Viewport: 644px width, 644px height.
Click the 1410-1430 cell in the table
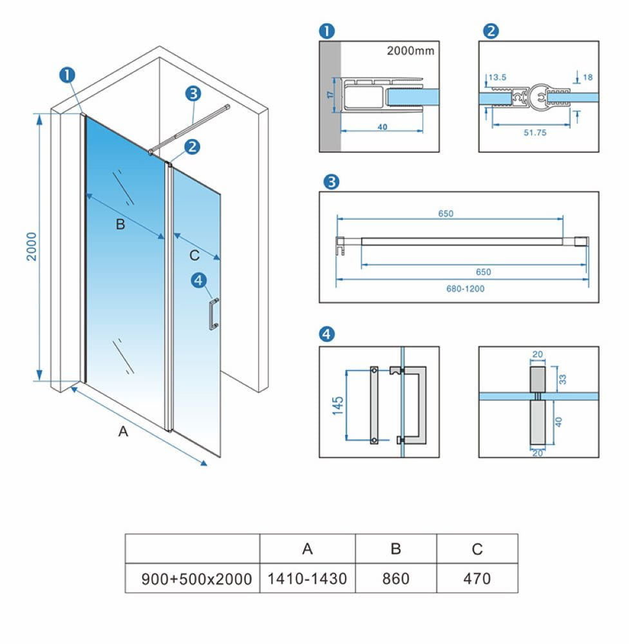coord(307,578)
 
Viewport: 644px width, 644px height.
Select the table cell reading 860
coord(395,578)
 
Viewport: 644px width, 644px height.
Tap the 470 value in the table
coord(477,578)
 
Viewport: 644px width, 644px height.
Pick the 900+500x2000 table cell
coord(196,578)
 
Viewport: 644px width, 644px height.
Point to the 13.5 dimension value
coord(497,77)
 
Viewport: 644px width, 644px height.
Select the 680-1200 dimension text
coord(464,289)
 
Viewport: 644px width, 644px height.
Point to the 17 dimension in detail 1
coord(329,95)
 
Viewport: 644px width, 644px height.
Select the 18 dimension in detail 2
coord(587,77)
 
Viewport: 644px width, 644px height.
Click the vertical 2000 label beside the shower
coord(32,246)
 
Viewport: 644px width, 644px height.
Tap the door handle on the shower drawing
coord(211,314)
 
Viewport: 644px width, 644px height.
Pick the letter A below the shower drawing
coord(123,432)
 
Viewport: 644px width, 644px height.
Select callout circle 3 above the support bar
coord(193,93)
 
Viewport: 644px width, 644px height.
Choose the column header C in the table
coord(477,549)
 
